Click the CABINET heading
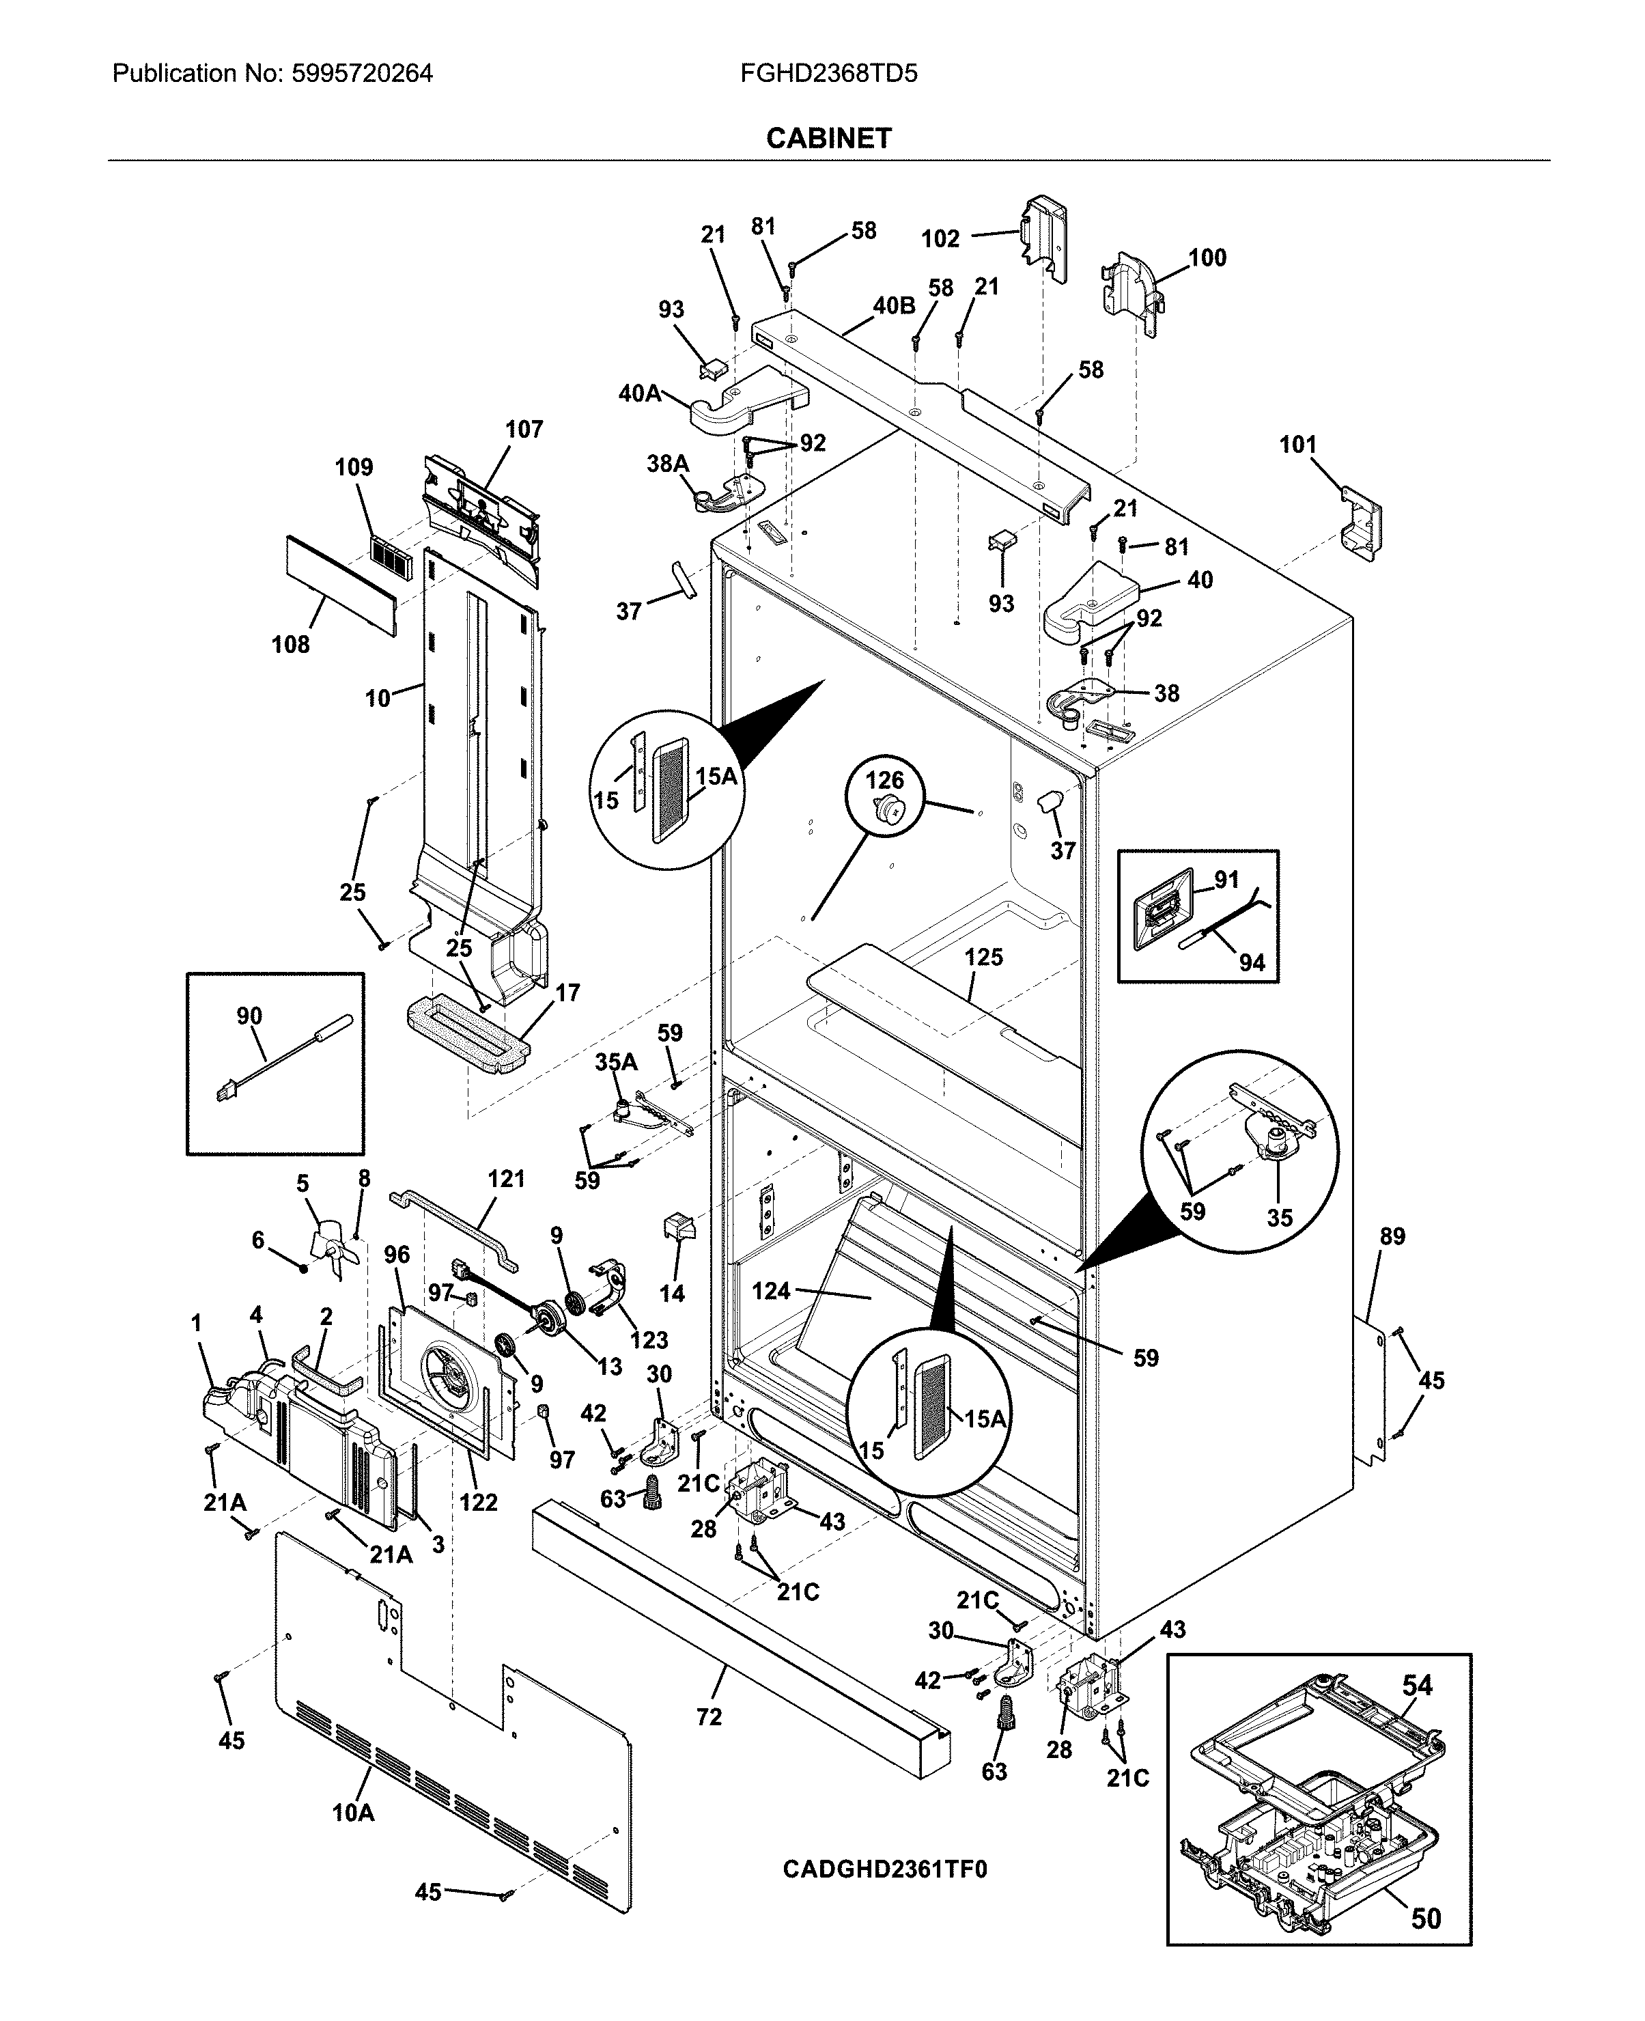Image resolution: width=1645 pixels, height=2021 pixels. [x=828, y=139]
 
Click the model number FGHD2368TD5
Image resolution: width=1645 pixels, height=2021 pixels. [x=828, y=73]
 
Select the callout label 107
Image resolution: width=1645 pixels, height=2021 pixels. [x=523, y=430]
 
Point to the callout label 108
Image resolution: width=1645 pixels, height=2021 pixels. [x=291, y=645]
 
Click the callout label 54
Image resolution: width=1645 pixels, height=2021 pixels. [x=1418, y=1686]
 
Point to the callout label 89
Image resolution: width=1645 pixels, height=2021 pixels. [x=1392, y=1236]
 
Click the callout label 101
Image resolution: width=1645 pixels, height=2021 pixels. [x=1298, y=445]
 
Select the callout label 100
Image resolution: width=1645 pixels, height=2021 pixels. [x=1207, y=258]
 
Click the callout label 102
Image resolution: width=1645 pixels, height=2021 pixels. [x=941, y=239]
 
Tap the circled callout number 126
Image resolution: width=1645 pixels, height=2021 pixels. [x=884, y=780]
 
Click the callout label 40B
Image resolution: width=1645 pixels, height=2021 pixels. [x=894, y=306]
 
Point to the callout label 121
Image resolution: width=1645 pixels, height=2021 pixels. [x=506, y=1180]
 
